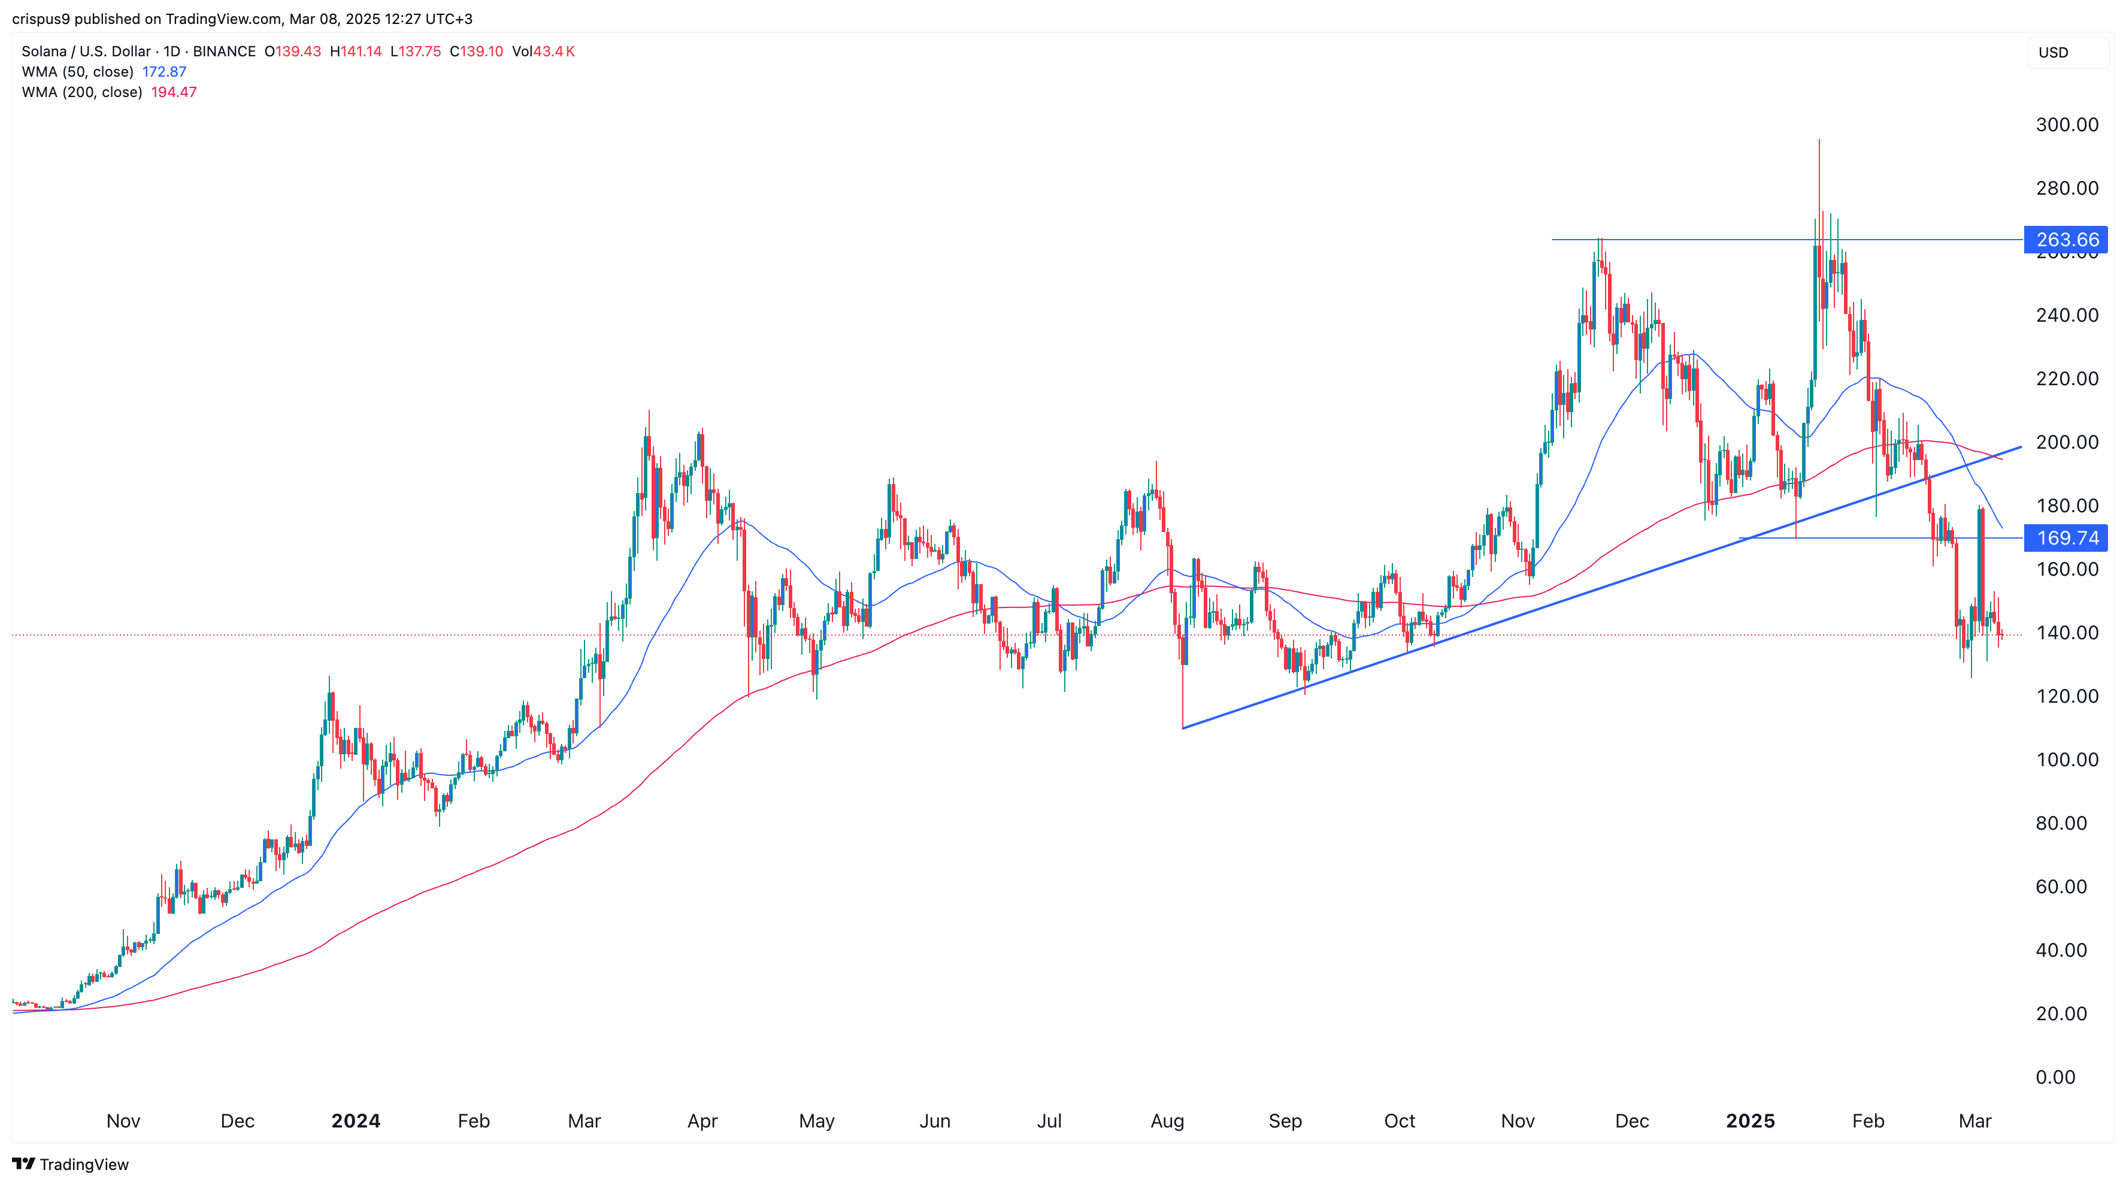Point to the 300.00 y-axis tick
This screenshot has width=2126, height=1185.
(x=2067, y=125)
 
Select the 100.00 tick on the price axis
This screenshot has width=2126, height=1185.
(x=2067, y=760)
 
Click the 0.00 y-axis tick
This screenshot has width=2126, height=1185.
(x=2055, y=1077)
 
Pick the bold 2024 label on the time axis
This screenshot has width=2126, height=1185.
(x=356, y=1120)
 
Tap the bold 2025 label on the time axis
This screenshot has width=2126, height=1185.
(x=1751, y=1120)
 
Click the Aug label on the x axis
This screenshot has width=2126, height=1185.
(x=1167, y=1120)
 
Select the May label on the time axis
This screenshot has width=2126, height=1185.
(x=816, y=1120)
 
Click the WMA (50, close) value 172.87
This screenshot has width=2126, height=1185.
(x=164, y=72)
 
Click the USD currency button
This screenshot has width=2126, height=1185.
(x=2054, y=53)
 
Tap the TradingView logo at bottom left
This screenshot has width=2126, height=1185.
(x=71, y=1165)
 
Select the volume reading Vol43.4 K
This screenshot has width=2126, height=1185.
(x=543, y=51)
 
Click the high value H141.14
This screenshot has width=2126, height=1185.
(x=356, y=51)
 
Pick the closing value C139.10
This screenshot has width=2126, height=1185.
(x=476, y=51)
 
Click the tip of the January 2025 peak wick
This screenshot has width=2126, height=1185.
(x=1819, y=140)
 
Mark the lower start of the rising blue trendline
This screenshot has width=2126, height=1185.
(x=1183, y=727)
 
